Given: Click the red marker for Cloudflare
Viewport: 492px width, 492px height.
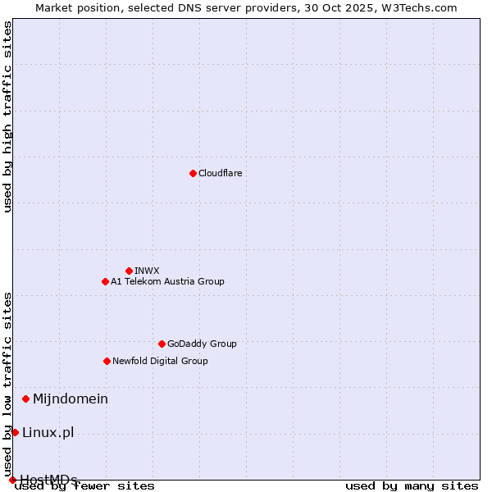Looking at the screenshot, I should coord(193,173).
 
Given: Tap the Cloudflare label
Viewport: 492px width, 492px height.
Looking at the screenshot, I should coord(221,173).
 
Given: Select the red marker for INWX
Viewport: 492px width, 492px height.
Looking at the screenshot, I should coord(129,271).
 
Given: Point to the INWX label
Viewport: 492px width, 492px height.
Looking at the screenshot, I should coord(147,271).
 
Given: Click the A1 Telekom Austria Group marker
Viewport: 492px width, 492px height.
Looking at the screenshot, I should coord(105,281).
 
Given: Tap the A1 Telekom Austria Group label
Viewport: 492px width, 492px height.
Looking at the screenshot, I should coord(167,281).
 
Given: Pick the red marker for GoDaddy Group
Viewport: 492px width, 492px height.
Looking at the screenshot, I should coord(162,344).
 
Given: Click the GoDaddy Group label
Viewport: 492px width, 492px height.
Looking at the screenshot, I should coord(202,344).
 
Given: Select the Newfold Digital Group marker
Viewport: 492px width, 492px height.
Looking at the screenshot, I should coord(107,361).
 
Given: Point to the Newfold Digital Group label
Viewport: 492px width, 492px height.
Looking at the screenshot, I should coord(160,361).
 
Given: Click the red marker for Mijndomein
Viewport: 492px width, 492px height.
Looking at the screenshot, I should coord(25,399).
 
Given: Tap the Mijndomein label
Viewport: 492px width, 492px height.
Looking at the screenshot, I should coord(71,399).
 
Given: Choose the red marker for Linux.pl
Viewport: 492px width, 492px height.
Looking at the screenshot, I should coord(15,432).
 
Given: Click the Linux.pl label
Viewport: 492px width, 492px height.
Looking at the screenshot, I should coord(48,432).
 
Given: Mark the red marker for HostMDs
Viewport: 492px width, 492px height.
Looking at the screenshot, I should coord(11,480).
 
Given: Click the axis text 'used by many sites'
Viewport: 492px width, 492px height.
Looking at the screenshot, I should coord(412,485).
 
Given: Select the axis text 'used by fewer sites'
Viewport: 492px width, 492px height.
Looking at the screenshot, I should coord(84,485).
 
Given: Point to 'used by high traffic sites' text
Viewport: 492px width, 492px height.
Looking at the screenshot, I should coord(8,117).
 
